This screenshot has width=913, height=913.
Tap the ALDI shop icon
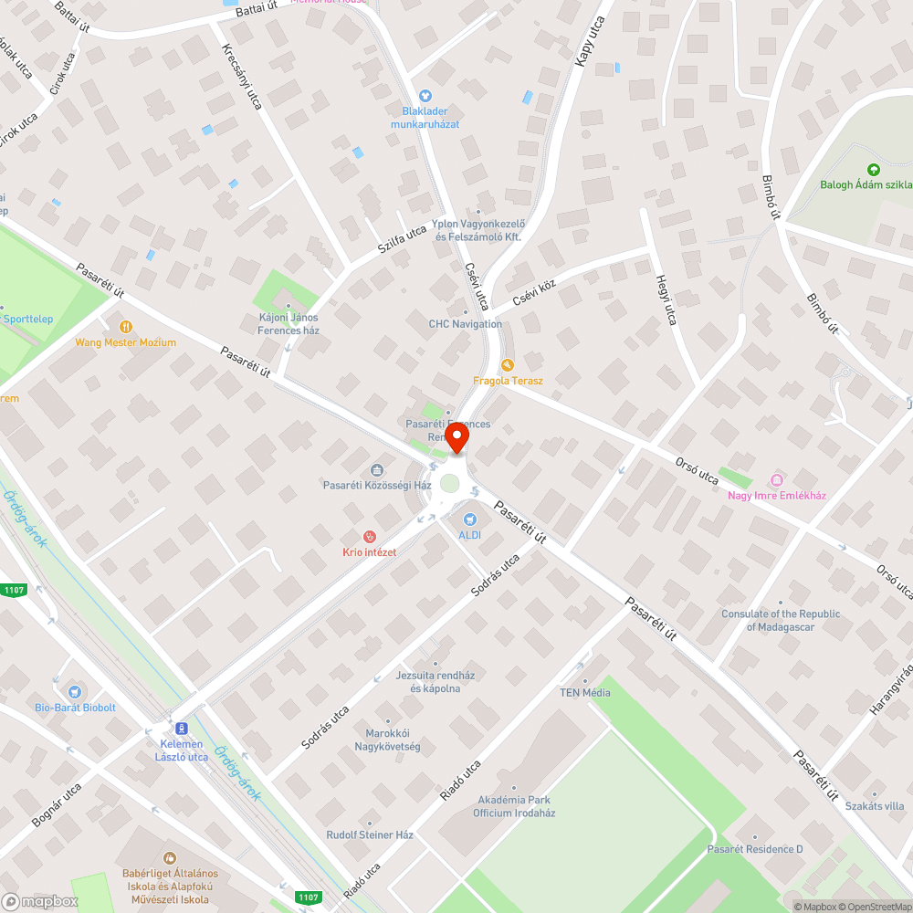pyautogui.click(x=471, y=519)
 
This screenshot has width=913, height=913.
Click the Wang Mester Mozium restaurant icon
pyautogui.click(x=126, y=326)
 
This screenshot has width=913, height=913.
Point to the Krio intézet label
pyautogui.click(x=369, y=552)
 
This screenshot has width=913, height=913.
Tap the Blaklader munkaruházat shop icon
pyautogui.click(x=425, y=95)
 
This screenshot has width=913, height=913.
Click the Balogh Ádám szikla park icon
pyautogui.click(x=874, y=169)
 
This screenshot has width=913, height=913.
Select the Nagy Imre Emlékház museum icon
pyautogui.click(x=777, y=480)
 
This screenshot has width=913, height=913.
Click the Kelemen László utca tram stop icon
pyautogui.click(x=181, y=729)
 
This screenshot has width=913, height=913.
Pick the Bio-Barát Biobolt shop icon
pyautogui.click(x=75, y=691)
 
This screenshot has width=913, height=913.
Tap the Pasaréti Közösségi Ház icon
pyautogui.click(x=377, y=470)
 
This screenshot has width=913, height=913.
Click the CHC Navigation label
pyautogui.click(x=465, y=324)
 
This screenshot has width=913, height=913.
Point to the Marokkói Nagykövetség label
pyautogui.click(x=387, y=740)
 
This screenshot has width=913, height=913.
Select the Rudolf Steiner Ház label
pyautogui.click(x=370, y=834)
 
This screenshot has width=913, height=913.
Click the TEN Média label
pyautogui.click(x=585, y=693)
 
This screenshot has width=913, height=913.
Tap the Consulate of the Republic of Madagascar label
pyautogui.click(x=781, y=620)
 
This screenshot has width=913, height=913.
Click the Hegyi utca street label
pyautogui.click(x=666, y=300)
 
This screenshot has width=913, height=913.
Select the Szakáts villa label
pyautogui.click(x=875, y=806)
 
